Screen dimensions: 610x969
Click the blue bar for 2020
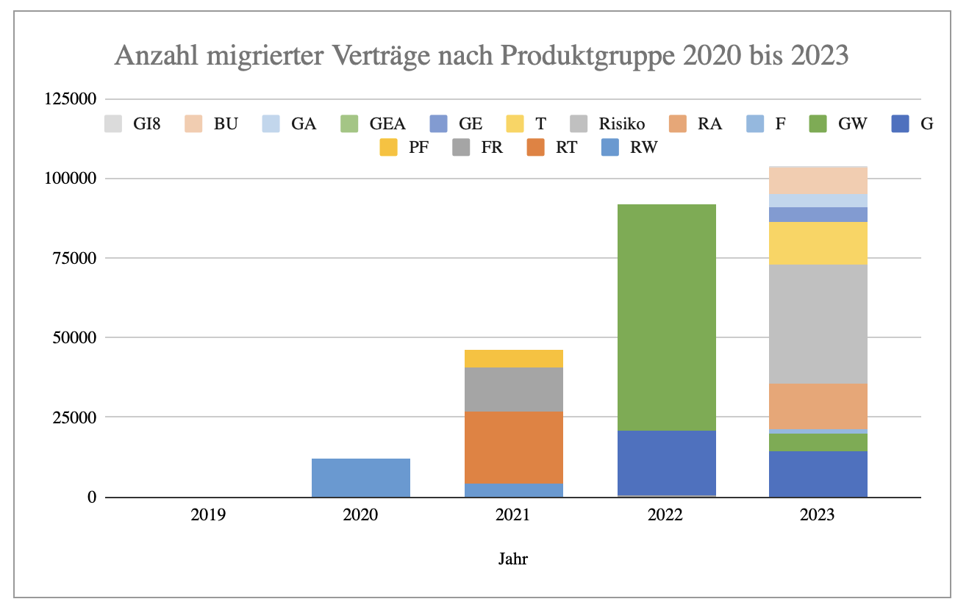tap(360, 478)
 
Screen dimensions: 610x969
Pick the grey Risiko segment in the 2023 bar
tap(818, 323)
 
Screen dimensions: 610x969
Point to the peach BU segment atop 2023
tap(818, 180)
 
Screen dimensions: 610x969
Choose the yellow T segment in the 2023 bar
tap(818, 243)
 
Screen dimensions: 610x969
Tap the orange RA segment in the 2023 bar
tap(818, 406)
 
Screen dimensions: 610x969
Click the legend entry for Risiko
tap(610, 123)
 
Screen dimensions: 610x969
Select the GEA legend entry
tap(375, 123)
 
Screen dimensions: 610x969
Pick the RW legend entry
tap(632, 148)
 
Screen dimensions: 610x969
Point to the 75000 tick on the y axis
tap(71, 258)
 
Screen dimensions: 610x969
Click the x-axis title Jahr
tap(513, 559)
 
